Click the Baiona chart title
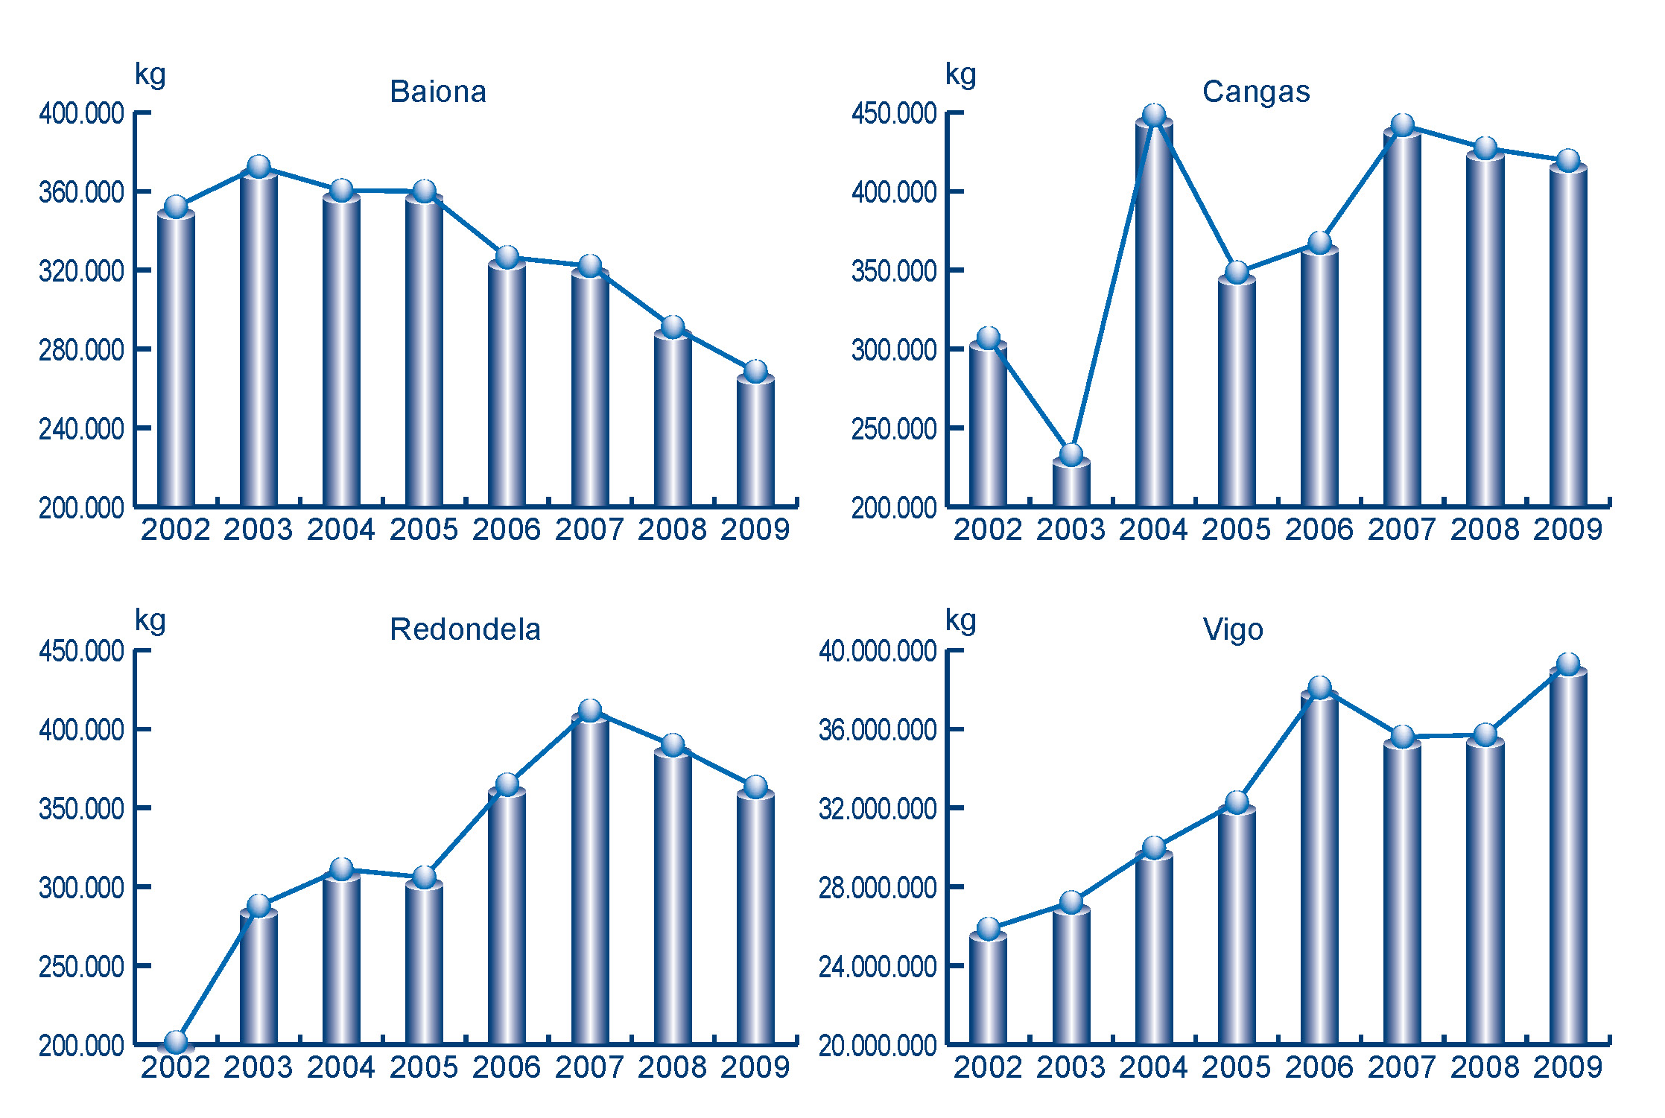coord(438,92)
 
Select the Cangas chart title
coord(1256,92)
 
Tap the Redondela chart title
coord(465,630)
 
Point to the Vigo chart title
coord(1233,630)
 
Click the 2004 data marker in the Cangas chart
coord(1154,115)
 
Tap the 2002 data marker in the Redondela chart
coord(176,1042)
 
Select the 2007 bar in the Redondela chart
coord(590,879)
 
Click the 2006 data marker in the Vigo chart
coord(1319,687)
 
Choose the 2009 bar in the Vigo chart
coord(1568,857)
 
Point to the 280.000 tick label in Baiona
coord(81,350)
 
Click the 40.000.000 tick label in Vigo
coord(878,652)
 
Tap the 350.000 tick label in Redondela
coord(81,809)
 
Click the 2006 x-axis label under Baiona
coord(507,530)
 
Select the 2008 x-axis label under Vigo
coord(1485,1068)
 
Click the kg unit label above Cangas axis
coord(960,75)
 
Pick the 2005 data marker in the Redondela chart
coord(425,877)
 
